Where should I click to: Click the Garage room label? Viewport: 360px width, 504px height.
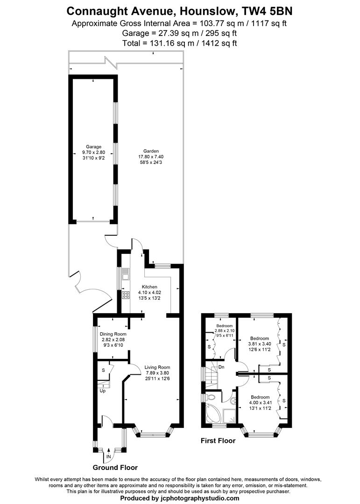(93, 147)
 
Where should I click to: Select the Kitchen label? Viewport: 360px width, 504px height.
(150, 287)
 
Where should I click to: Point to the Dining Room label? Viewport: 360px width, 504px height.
(111, 334)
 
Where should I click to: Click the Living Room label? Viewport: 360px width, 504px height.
(157, 367)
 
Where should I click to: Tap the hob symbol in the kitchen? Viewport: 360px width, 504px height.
(126, 294)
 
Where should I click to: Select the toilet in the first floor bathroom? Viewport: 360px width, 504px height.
(211, 398)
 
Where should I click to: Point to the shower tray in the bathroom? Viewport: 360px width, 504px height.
(230, 415)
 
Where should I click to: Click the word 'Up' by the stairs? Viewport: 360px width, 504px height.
(102, 391)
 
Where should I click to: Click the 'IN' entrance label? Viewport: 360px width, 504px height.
(109, 456)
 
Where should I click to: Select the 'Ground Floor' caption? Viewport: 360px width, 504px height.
(115, 467)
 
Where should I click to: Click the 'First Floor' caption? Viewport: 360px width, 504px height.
(218, 440)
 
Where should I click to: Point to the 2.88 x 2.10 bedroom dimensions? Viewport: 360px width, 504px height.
(224, 331)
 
